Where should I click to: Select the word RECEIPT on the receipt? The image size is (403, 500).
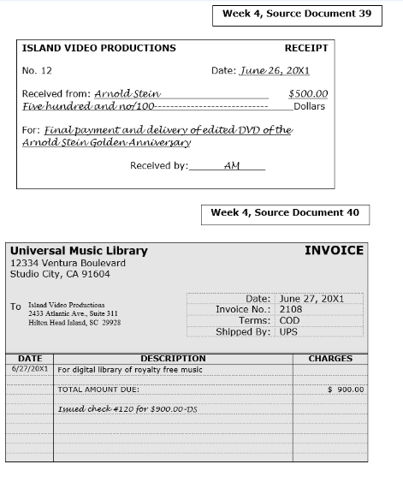click(x=305, y=49)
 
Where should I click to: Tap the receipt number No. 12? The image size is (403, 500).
click(x=37, y=71)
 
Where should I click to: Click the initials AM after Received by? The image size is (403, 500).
click(x=231, y=166)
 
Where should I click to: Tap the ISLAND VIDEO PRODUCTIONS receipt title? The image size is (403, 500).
click(x=98, y=49)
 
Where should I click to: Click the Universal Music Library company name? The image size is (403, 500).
click(x=79, y=251)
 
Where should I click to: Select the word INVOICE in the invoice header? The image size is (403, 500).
click(x=334, y=251)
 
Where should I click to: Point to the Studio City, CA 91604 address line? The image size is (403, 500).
click(x=60, y=274)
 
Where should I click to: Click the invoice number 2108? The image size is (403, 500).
click(x=291, y=310)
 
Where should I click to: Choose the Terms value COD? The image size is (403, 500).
click(x=289, y=321)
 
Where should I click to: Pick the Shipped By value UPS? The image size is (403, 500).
click(x=288, y=332)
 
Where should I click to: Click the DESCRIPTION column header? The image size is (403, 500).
click(x=173, y=359)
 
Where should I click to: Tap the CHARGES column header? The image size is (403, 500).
click(x=330, y=359)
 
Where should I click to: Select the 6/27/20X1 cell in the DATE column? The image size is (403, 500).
click(x=30, y=369)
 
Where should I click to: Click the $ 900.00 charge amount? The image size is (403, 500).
click(x=346, y=390)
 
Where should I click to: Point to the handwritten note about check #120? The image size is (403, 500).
click(x=127, y=409)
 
